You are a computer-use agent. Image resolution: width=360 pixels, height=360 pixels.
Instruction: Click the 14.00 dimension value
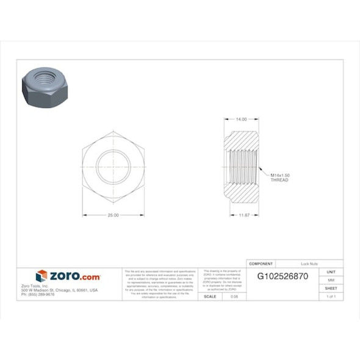(x=242, y=120)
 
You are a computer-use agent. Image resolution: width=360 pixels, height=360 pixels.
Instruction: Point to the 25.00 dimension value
(x=113, y=215)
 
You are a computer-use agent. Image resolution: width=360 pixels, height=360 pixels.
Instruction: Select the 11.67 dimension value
(x=245, y=215)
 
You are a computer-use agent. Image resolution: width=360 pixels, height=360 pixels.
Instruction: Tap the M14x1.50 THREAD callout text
(x=279, y=178)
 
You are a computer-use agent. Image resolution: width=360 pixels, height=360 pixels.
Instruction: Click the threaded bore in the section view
(x=243, y=167)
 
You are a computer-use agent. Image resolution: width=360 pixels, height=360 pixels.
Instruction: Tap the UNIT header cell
(x=331, y=272)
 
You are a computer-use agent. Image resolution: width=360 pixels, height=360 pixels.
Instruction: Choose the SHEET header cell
(x=331, y=288)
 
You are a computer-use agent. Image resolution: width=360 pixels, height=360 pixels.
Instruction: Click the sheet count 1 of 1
(x=331, y=296)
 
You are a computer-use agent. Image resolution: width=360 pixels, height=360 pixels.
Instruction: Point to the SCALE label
(x=210, y=296)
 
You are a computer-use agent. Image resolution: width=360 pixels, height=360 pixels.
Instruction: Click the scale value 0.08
(x=234, y=296)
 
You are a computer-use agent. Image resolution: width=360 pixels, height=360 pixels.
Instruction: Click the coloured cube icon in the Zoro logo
(x=41, y=276)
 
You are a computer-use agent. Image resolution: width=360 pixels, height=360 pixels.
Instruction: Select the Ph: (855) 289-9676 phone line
(x=38, y=294)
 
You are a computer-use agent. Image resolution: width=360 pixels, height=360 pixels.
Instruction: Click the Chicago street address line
(x=59, y=290)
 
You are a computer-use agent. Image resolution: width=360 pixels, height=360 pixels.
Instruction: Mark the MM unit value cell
(x=331, y=279)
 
